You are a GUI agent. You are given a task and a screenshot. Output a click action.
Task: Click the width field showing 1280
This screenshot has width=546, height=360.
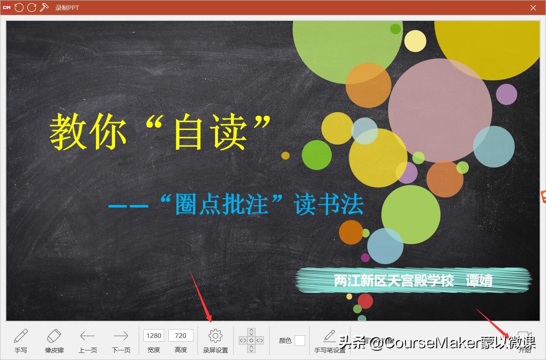154,335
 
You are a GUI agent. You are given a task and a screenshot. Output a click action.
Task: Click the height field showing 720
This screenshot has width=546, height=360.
180,335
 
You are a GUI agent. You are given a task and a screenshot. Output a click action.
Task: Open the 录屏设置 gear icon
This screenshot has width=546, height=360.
215,336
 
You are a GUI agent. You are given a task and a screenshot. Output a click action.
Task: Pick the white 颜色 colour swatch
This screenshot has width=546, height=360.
300,340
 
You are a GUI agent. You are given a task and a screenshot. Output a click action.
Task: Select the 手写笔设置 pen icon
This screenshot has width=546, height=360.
330,336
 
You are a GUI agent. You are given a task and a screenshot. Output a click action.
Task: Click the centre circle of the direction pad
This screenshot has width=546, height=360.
251,340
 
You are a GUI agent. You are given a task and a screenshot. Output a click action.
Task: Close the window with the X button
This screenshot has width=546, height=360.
533,7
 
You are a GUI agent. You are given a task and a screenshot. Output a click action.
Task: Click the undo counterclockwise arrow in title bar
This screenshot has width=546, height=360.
19,7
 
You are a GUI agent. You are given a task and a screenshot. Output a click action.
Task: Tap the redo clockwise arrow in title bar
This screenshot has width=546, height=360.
32,7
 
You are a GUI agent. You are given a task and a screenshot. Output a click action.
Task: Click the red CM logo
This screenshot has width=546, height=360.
7,7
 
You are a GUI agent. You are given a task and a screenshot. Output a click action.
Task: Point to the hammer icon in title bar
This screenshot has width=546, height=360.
44,7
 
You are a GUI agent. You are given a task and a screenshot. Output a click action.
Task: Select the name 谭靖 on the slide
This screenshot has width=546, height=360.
479,280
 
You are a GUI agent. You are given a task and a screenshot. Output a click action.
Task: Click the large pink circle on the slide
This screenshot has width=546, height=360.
440,110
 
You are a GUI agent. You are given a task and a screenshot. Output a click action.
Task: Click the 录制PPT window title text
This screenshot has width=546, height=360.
67,8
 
